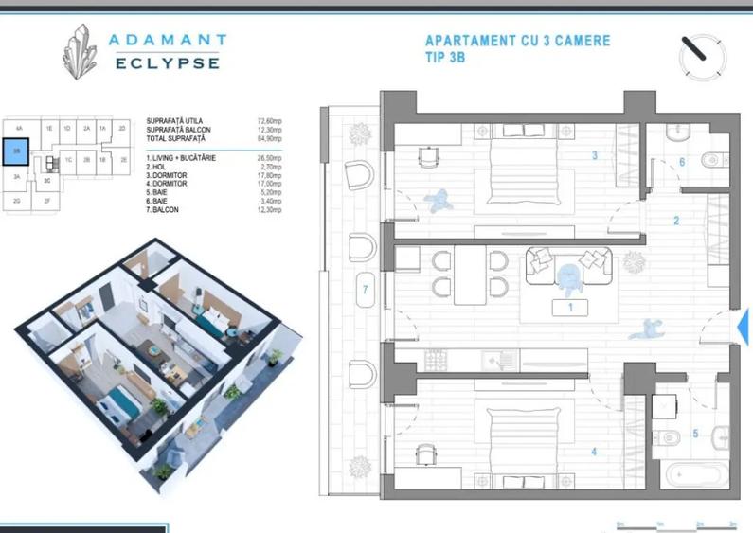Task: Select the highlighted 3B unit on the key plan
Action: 16,151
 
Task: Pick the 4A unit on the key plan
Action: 18,127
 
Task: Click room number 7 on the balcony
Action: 365,289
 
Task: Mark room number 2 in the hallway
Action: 676,222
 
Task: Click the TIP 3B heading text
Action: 445,58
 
